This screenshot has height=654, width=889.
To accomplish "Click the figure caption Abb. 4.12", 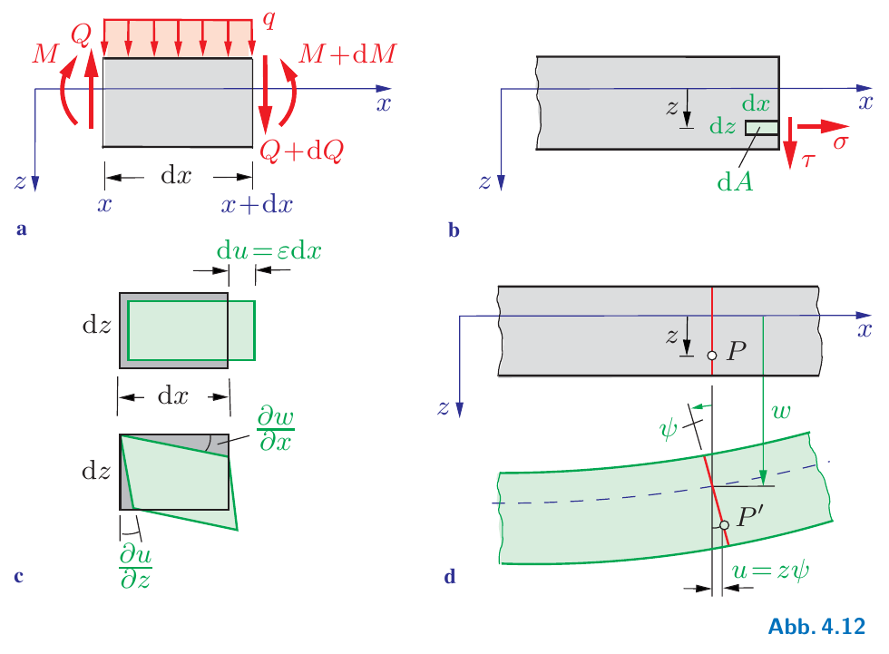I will click(x=816, y=626).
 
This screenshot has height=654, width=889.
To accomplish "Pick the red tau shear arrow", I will click(x=791, y=141).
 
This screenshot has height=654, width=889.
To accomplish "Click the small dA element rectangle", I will click(x=761, y=128).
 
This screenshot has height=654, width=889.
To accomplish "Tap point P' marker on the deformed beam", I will click(x=723, y=525).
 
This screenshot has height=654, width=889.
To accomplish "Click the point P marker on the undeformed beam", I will click(x=712, y=356).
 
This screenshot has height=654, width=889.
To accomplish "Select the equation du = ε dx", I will click(x=270, y=248).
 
